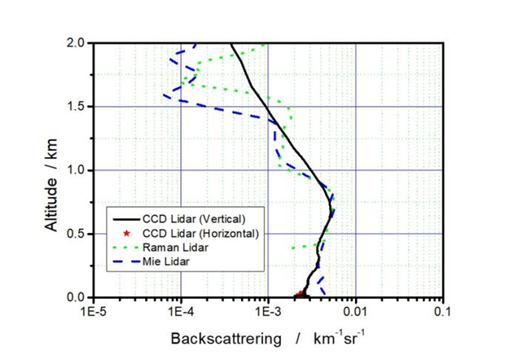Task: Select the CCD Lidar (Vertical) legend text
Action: tap(193, 218)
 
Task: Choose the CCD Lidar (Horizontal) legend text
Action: tap(200, 233)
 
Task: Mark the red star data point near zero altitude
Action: tap(300, 294)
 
